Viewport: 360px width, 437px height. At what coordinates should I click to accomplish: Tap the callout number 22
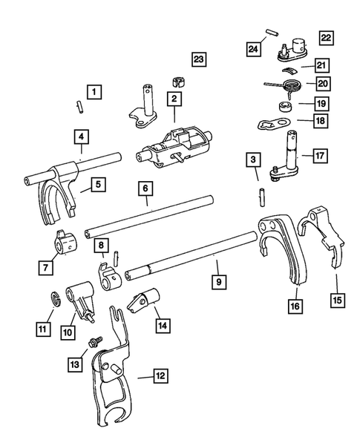click(x=327, y=37)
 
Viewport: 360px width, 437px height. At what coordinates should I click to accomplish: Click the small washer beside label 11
click(x=54, y=299)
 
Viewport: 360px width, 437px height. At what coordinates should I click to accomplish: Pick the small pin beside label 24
click(x=272, y=34)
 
